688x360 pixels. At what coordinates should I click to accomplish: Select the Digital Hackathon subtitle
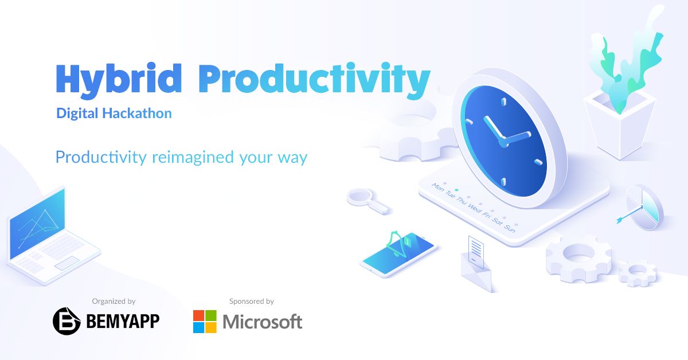[114, 114]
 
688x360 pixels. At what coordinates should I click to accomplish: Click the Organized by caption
[114, 302]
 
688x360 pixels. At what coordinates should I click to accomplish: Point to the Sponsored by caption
[252, 302]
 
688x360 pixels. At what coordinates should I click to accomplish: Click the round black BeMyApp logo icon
[67, 321]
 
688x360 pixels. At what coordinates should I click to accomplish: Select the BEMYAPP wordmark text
[123, 321]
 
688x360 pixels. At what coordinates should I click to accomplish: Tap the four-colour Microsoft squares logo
[205, 322]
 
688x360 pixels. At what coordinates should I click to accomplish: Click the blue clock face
[504, 140]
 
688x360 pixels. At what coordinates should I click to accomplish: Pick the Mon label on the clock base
[438, 187]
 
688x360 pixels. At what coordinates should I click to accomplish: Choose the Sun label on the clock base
[510, 229]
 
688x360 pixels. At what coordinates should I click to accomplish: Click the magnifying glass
[368, 201]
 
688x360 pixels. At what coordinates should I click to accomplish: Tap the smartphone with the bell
[398, 255]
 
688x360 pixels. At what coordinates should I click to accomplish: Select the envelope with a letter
[476, 264]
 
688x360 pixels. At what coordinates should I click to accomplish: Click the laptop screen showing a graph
[37, 224]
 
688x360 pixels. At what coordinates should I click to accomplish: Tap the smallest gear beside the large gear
[638, 273]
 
